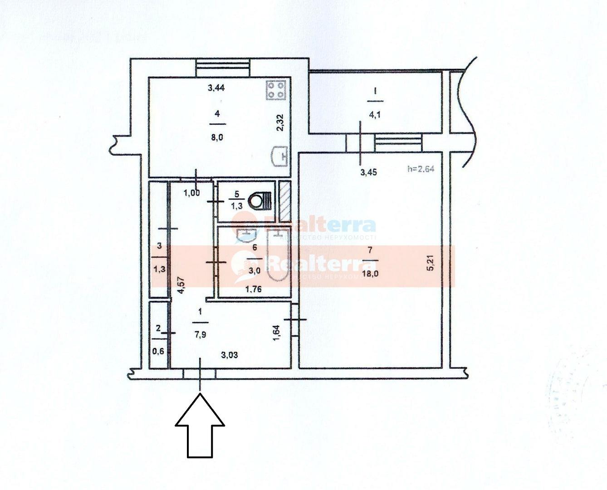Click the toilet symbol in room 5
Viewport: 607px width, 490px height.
(260, 200)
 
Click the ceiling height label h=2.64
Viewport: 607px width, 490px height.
(421, 169)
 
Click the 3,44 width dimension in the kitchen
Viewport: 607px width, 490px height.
(216, 88)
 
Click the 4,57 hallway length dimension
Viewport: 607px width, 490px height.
(180, 286)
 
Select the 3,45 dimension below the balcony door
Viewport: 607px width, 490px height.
(368, 172)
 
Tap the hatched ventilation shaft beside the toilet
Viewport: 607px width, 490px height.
(285, 198)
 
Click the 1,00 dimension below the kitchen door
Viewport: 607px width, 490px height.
(191, 192)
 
